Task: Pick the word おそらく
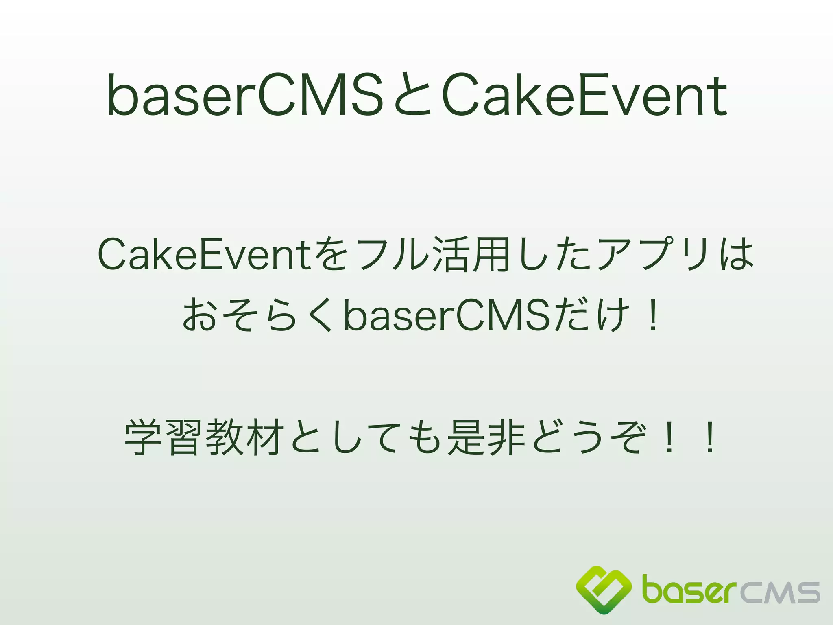[x=258, y=315]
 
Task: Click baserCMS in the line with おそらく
[x=447, y=315]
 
